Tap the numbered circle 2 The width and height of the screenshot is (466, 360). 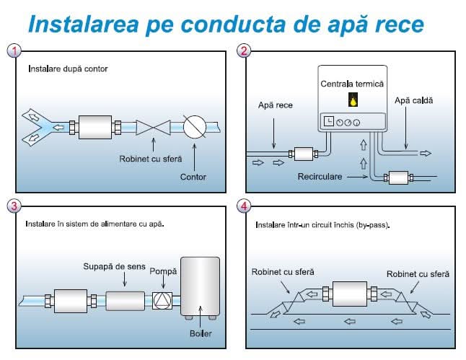(x=245, y=51)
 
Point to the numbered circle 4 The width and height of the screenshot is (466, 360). (x=245, y=206)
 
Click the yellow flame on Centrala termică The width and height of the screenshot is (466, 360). (x=353, y=101)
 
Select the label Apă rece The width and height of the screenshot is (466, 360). (x=276, y=105)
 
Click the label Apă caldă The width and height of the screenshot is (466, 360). (x=414, y=100)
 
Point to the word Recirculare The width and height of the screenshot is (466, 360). (x=319, y=176)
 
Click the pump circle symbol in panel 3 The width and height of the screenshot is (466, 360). (x=162, y=300)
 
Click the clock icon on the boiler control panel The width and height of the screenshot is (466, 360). (x=329, y=122)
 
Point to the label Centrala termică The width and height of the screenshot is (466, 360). (x=353, y=84)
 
